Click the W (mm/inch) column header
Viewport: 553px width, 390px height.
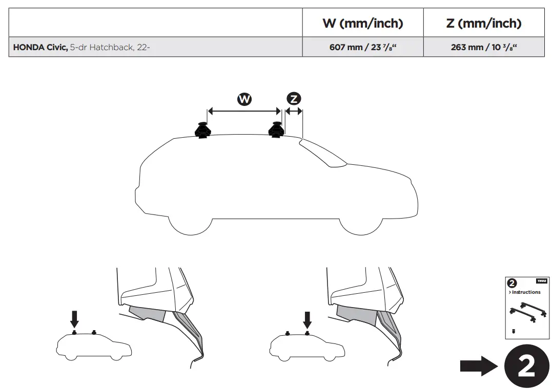coord(362,23)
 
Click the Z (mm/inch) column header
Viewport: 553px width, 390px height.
coord(484,23)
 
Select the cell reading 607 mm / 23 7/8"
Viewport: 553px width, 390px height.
coord(362,47)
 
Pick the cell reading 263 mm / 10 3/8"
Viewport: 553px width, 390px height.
coord(484,47)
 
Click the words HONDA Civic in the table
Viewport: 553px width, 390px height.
coord(40,47)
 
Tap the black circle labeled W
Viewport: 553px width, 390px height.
coord(244,99)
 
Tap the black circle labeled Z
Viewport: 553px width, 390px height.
coord(294,99)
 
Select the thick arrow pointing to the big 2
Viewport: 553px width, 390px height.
coord(478,366)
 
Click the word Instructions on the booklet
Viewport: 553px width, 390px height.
coord(526,292)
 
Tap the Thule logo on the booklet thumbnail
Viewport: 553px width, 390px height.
coord(541,281)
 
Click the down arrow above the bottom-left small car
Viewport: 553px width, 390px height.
coord(74,319)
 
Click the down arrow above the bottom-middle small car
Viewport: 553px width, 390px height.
coord(307,319)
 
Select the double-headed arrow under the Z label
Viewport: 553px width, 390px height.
coord(294,111)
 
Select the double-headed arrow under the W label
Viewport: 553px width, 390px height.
coord(244,111)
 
